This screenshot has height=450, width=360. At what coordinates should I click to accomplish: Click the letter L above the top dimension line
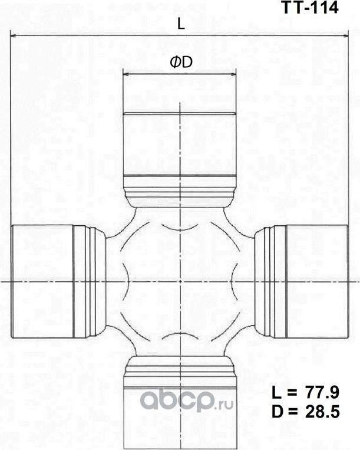point(181,25)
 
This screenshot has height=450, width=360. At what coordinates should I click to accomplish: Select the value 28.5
point(323,412)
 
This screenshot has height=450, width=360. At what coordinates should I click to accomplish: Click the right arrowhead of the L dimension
point(345,37)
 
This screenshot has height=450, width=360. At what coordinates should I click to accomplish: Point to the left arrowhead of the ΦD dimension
point(126,75)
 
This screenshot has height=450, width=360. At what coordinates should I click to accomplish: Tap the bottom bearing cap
point(179,413)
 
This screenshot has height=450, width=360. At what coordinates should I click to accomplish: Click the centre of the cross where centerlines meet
point(179,281)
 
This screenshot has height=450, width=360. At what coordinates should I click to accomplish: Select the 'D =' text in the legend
point(284,412)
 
